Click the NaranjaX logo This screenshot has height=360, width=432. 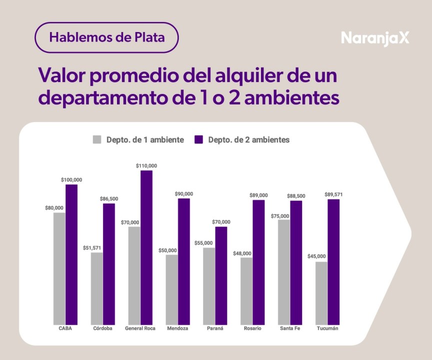pyautogui.click(x=374, y=38)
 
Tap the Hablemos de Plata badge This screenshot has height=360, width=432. pyautogui.click(x=106, y=37)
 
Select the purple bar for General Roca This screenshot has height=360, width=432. pyautogui.click(x=146, y=247)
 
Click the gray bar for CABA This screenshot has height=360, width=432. pyautogui.click(x=59, y=268)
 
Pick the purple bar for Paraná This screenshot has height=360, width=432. pyautogui.click(x=221, y=275)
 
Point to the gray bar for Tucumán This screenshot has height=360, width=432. pyautogui.click(x=321, y=293)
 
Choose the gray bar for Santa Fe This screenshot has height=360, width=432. pyautogui.click(x=284, y=272)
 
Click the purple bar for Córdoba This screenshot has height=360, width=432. pyautogui.click(x=109, y=264)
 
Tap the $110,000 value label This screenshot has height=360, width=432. pyautogui.click(x=146, y=165)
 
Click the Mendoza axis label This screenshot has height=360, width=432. pyautogui.click(x=178, y=328)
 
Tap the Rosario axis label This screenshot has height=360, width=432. pyautogui.click(x=252, y=328)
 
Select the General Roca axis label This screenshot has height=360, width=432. pyautogui.click(x=140, y=328)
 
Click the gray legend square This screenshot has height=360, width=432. pyautogui.click(x=97, y=139)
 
